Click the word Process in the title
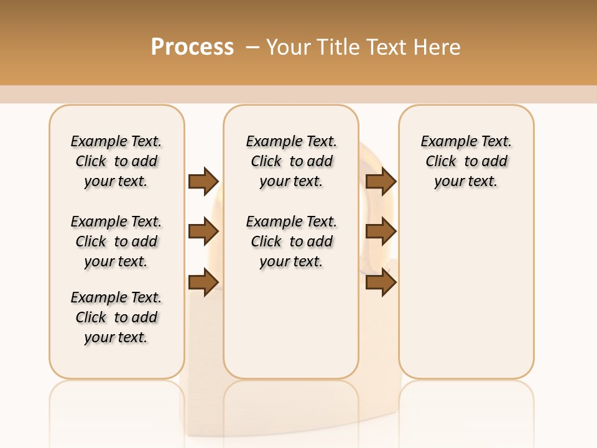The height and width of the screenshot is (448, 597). point(192,47)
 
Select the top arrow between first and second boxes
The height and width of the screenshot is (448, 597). point(203,181)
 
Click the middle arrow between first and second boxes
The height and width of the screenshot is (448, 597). point(203,232)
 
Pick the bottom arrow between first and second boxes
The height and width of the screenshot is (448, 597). point(203,282)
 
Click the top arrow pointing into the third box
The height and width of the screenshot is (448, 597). point(381,181)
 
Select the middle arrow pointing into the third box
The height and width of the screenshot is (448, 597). point(381,232)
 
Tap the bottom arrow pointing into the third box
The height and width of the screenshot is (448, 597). point(381,282)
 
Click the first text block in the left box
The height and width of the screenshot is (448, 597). point(116,161)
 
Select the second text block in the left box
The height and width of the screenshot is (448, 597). point(116,241)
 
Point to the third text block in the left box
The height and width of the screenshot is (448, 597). point(116,317)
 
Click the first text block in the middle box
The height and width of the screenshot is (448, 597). point(291,161)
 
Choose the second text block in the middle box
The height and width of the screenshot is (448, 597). point(291,241)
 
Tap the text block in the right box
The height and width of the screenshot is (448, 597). point(466,161)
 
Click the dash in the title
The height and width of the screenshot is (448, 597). point(252,47)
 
